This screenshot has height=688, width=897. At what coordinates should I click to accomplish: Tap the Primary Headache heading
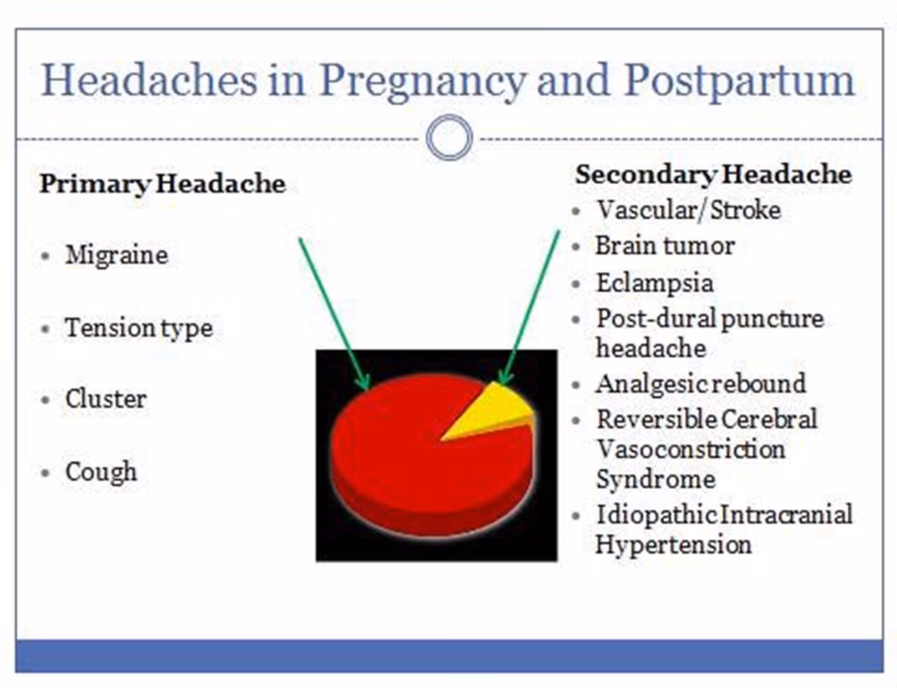coord(163,184)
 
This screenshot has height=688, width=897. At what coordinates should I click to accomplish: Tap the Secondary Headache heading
coord(713,174)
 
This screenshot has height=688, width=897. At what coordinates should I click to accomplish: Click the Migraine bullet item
coord(116,255)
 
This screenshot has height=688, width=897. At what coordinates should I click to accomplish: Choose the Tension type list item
coord(139,328)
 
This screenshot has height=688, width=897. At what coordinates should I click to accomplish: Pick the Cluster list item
coord(106,399)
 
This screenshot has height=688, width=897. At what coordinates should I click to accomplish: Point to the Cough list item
coord(101,472)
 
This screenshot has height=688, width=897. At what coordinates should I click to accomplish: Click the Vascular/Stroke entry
coord(688,210)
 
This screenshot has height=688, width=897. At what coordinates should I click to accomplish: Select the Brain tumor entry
coord(664,246)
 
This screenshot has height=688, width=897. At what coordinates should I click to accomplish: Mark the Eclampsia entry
coord(655,283)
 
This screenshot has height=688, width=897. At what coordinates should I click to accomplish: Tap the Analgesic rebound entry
coord(701,384)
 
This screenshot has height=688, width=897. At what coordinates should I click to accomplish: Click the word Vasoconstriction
coord(690,449)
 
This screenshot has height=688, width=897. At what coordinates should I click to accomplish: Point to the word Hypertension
coord(673,544)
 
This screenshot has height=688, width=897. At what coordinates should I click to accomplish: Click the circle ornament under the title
coord(449,138)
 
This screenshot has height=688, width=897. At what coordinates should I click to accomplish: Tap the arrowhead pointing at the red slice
coord(364,383)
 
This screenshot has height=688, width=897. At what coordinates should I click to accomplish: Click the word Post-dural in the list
coord(655,319)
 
